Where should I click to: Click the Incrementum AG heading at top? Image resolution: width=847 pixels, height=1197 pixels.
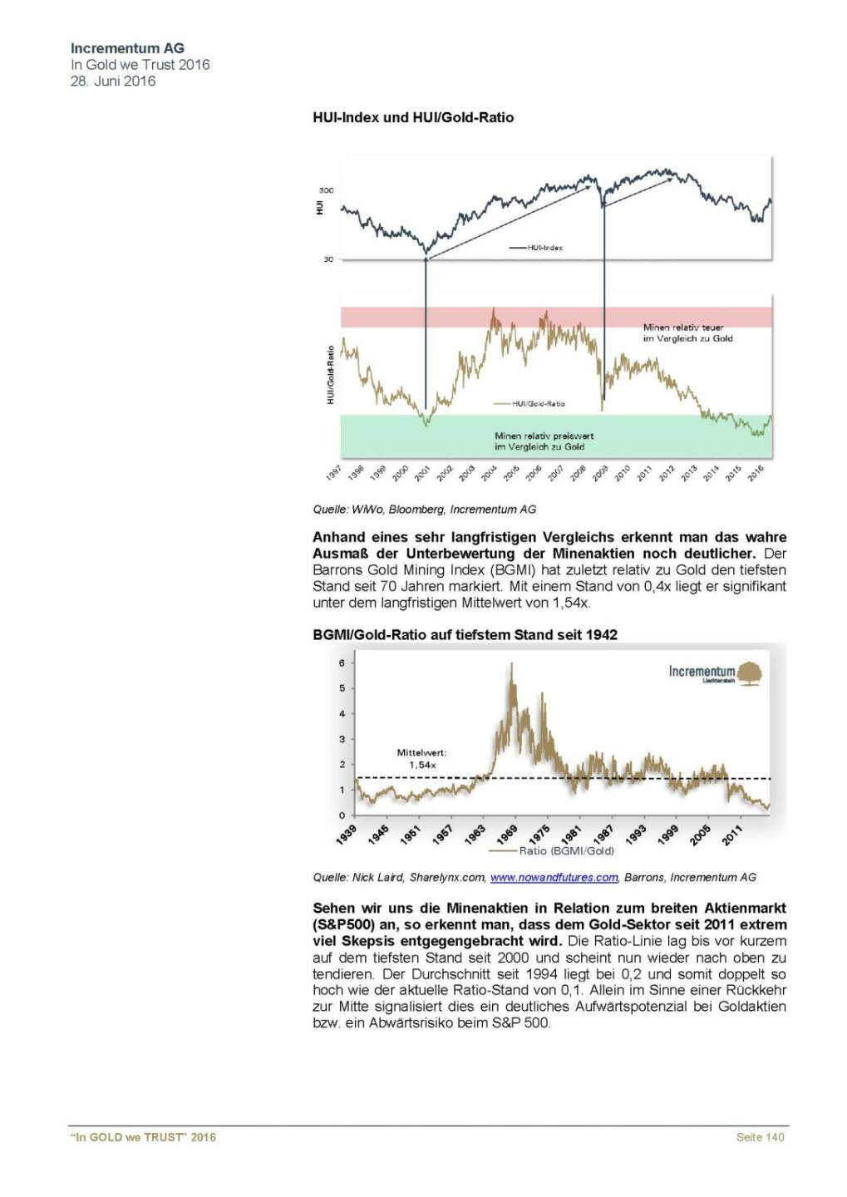[x=127, y=48]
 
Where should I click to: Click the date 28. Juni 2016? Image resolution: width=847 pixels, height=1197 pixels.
[x=113, y=81]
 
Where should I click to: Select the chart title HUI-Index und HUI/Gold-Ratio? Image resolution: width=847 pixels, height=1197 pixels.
[x=413, y=118]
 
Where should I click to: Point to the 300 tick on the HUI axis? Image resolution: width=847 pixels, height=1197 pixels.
[x=327, y=190]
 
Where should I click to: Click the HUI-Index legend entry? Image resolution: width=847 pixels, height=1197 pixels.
[x=544, y=248]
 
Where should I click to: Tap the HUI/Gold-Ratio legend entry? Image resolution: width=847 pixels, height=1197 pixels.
[x=538, y=404]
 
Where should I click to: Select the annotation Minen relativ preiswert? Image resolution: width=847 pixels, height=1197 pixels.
[x=544, y=436]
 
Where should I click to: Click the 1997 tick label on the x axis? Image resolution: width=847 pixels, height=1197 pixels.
[x=334, y=473]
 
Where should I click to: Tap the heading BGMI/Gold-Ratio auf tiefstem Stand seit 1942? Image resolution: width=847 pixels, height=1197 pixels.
[x=465, y=635]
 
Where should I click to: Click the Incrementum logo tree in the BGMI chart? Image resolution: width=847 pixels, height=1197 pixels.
[x=751, y=672]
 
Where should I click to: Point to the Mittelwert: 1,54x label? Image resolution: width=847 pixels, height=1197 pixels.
[x=421, y=759]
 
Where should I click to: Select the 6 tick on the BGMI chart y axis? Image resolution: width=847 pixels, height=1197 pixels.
[x=342, y=663]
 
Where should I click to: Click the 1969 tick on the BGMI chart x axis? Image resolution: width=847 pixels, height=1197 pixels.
[x=507, y=834]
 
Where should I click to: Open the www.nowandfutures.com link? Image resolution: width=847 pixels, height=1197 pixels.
[x=554, y=877]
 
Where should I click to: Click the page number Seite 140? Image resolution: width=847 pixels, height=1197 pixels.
[x=760, y=1137]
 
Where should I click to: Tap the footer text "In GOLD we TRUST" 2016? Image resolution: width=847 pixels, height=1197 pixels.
[x=143, y=1137]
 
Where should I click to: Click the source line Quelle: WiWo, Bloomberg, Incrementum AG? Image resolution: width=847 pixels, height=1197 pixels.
[x=425, y=510]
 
